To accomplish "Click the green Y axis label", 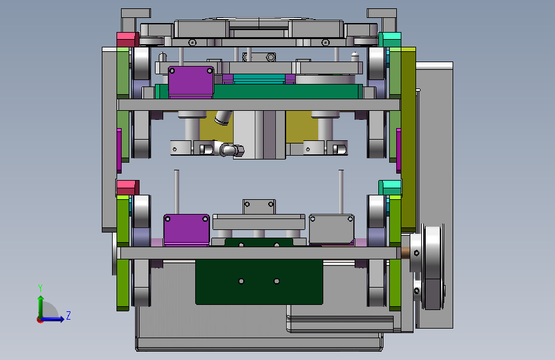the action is click(40, 288).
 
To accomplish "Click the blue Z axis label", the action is click(68, 315).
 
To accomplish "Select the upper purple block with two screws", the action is click(191, 81).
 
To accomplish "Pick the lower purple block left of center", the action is click(186, 229).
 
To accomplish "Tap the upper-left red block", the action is click(127, 39).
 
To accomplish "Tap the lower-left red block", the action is click(127, 188).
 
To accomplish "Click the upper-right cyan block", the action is click(390, 39).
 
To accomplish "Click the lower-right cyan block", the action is click(390, 188).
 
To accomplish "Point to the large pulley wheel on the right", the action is click(433, 267).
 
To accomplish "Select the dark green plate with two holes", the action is click(259, 282).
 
